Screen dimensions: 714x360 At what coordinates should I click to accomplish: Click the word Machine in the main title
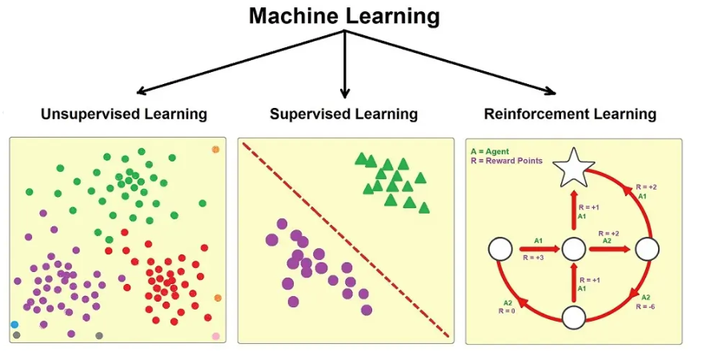coord(294,16)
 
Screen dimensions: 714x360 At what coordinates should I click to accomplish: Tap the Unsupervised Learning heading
coord(124,114)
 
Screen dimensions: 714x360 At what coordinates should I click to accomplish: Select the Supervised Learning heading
coord(344,114)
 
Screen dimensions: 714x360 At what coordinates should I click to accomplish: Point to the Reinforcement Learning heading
coord(570,114)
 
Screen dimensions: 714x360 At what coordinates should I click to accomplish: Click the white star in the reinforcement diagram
coord(573,168)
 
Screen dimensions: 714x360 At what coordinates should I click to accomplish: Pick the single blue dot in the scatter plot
coord(14,325)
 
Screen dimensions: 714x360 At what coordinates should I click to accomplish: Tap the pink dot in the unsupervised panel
coord(216,336)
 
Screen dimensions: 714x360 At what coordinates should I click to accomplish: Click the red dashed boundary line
coord(346,240)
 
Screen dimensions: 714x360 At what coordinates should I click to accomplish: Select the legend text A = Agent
coord(490,151)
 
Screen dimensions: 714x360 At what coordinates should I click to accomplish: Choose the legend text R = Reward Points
coord(507,161)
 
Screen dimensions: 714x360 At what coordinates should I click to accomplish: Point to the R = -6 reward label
coord(646,306)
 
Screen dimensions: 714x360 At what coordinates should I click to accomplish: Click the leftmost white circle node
coord(500,250)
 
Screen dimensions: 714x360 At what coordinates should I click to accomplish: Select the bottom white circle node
coord(574,318)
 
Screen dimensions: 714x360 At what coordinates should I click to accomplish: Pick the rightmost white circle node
coord(647,250)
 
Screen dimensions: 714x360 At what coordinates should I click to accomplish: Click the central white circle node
coord(574,250)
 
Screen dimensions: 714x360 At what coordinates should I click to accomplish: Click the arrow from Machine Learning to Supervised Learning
coord(345,64)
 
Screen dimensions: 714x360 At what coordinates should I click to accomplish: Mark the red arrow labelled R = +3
coord(540,249)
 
